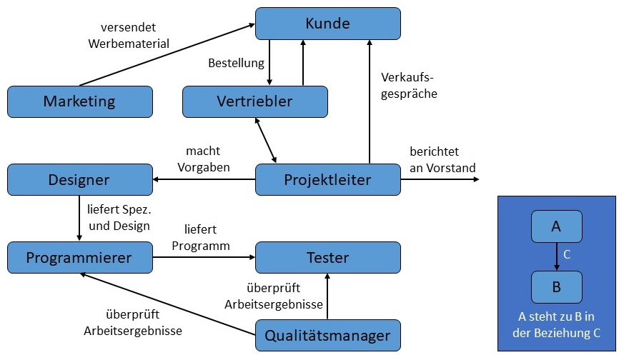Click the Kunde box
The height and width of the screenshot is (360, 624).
tap(327, 24)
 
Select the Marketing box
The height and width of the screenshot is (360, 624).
tap(79, 101)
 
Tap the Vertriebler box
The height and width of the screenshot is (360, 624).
tap(254, 101)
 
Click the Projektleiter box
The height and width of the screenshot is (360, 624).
tap(327, 179)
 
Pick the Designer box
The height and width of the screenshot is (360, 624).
tap(79, 179)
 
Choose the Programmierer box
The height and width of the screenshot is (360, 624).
tap(79, 257)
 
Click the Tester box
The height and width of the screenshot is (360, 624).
tap(327, 257)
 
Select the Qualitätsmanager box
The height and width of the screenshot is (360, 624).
tap(327, 335)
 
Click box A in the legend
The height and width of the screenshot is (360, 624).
tap(556, 226)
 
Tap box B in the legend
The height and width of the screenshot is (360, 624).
tap(556, 286)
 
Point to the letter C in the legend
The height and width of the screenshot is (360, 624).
tap(567, 254)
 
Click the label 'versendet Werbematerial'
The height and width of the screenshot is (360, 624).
tap(129, 36)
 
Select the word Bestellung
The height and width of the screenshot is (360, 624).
tap(236, 63)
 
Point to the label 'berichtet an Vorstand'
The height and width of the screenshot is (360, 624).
tap(442, 159)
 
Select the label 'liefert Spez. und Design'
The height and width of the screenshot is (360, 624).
tap(118, 219)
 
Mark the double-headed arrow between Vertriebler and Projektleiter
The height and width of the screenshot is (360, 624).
tap(265, 140)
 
